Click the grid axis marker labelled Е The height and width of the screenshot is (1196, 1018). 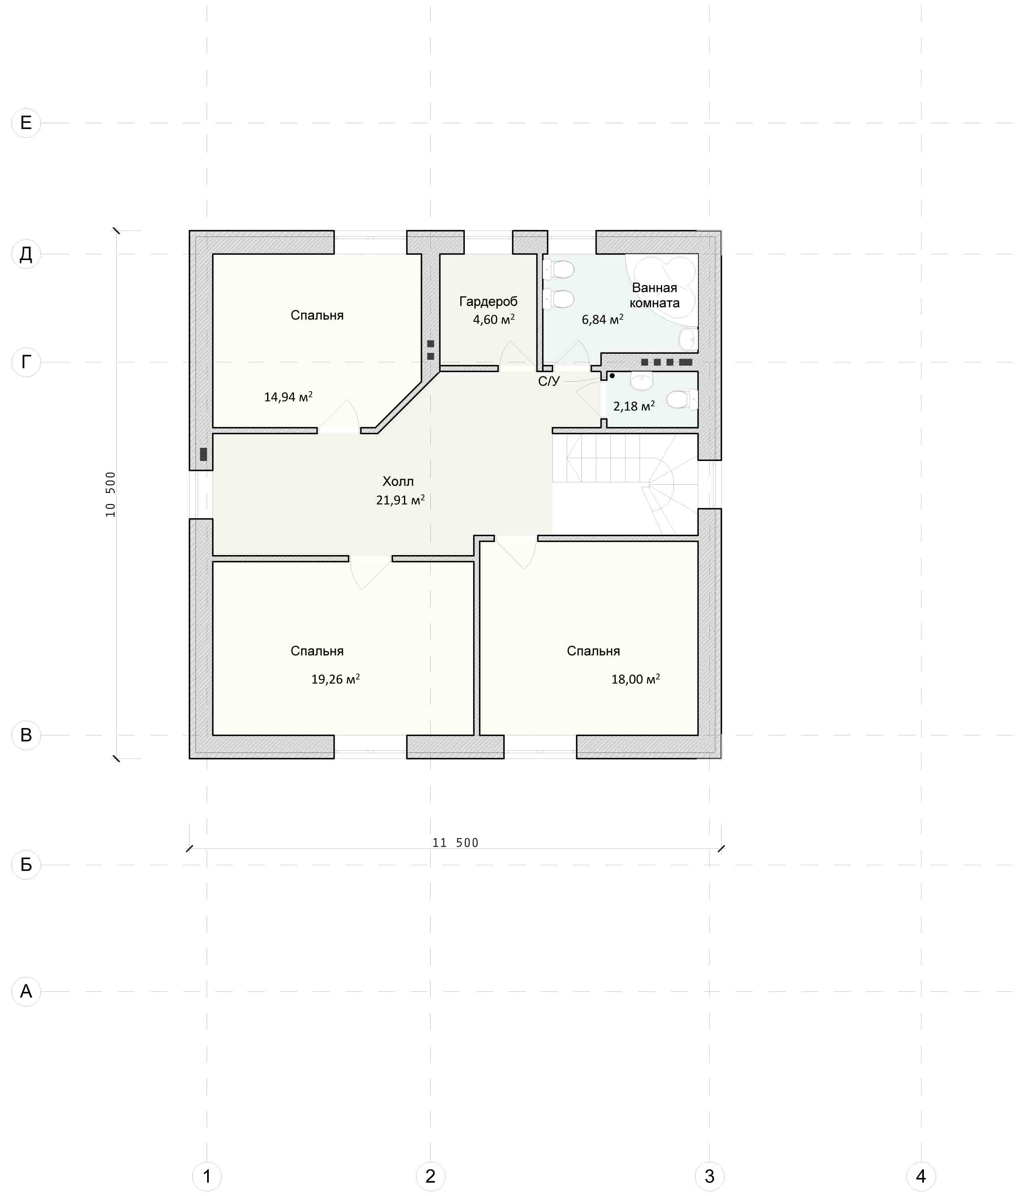click(26, 123)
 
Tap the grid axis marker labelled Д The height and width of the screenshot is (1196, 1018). click(26, 254)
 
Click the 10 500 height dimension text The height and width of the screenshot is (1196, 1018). click(110, 494)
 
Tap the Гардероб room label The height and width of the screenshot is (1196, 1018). click(488, 301)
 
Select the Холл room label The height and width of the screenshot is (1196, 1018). click(398, 481)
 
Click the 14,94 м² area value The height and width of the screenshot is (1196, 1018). click(289, 396)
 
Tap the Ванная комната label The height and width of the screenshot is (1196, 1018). click(654, 295)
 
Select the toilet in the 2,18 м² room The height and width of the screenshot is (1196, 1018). click(682, 399)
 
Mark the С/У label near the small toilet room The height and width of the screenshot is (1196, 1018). click(549, 381)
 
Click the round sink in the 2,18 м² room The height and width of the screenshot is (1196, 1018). click(641, 381)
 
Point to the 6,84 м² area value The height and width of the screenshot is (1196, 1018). click(602, 319)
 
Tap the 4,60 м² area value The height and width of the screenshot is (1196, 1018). click(494, 319)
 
